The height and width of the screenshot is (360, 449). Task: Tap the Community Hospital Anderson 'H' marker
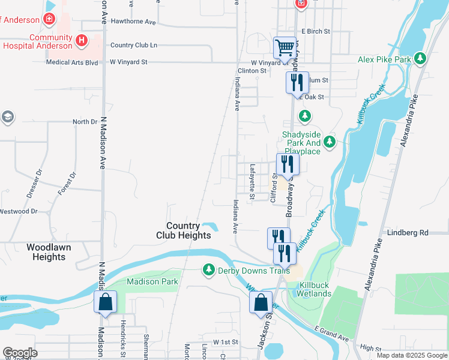coord(82,41)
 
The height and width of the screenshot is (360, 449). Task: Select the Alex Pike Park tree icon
coord(421,59)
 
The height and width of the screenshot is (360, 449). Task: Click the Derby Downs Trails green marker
coord(209,270)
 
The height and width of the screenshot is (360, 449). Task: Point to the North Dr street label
coord(85,122)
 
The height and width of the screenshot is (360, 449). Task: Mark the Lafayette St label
coord(252,182)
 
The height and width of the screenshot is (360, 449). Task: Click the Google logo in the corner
coord(20,353)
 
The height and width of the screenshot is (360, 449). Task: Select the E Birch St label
coord(316,31)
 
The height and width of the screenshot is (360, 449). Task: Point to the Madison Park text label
coord(152,281)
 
